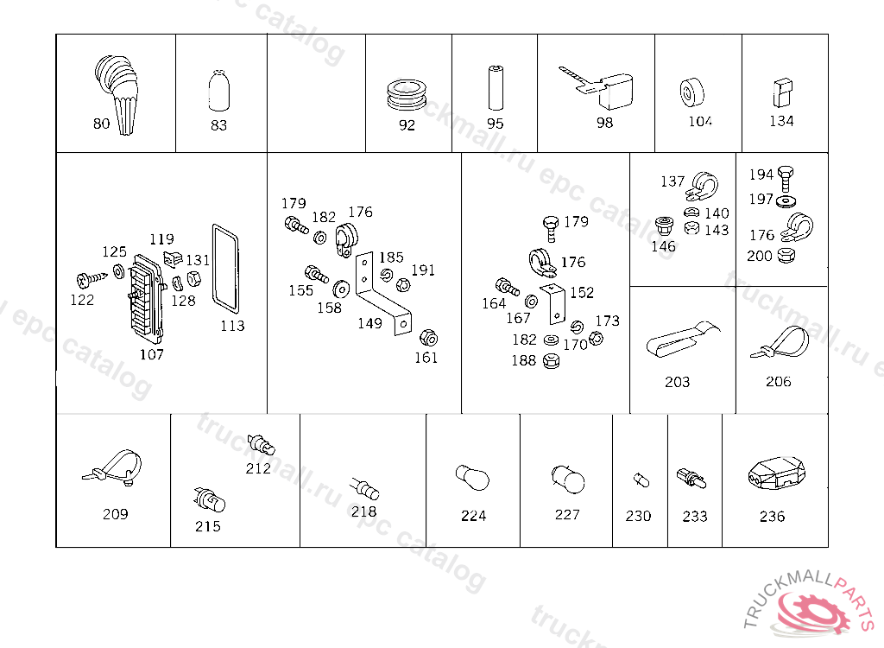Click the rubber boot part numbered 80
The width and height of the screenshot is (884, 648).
coord(117,93)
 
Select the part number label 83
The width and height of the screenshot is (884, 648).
coord(218,124)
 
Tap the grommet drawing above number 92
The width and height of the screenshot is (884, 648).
coord(407,93)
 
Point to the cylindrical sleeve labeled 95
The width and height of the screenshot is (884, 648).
coord(495,88)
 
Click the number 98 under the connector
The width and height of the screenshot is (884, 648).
coord(604,123)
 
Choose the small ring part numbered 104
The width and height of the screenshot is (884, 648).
coord(691,92)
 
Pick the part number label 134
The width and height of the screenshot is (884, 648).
coord(781,121)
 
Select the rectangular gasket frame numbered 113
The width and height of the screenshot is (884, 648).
coord(225,268)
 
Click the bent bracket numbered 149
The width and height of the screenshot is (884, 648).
coord(383,294)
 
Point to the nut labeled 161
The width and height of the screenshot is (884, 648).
coord(428,338)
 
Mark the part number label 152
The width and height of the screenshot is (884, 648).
coord(582,292)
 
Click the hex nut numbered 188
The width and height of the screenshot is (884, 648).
coord(551,360)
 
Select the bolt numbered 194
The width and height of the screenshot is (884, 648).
coord(785,179)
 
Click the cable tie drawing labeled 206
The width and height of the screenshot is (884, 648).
coord(780,342)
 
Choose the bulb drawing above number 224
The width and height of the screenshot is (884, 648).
coord(472,478)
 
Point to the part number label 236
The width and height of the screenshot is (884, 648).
coord(772,517)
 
